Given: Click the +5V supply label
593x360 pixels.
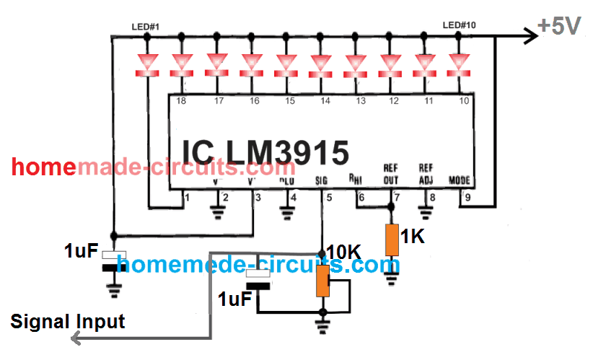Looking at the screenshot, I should point(560,27).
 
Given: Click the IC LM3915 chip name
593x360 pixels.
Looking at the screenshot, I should point(265,152).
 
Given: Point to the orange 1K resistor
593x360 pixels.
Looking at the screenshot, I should point(391,240).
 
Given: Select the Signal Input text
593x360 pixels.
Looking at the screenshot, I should point(69,322).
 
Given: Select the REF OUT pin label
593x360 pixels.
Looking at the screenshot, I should point(390,175).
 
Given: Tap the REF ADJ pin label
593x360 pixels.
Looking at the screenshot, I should point(426,175).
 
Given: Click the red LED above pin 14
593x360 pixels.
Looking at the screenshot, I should point(321,64).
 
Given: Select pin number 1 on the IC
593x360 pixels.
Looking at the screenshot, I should point(186,196).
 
